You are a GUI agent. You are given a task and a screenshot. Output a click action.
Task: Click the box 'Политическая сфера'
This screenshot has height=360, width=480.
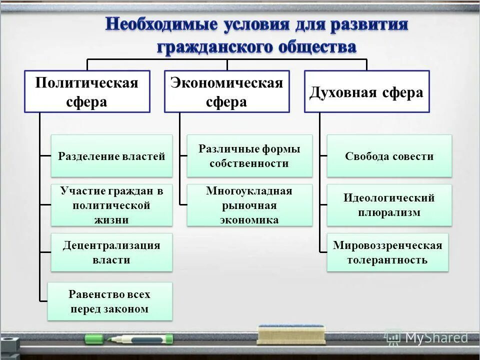[x=87, y=91]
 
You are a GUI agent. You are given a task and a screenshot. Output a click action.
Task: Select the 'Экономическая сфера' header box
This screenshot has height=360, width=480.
[x=226, y=91]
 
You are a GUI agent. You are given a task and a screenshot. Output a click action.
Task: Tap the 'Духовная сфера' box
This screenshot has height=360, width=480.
[x=366, y=91]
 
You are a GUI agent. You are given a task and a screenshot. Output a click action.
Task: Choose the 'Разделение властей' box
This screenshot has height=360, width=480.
[x=111, y=156]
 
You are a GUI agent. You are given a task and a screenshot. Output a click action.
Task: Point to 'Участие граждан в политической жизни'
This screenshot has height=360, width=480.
[x=111, y=205]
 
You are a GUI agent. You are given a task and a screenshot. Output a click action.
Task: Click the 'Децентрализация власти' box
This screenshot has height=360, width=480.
[x=111, y=252]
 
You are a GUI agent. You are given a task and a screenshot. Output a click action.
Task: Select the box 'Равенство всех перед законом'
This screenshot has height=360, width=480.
[x=109, y=301]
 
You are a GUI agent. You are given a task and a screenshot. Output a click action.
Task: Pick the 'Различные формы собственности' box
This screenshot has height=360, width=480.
[x=249, y=156]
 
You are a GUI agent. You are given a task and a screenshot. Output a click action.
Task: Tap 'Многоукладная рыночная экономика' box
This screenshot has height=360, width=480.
[x=249, y=205]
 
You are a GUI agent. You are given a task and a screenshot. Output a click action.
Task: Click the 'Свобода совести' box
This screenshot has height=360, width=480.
[x=389, y=156]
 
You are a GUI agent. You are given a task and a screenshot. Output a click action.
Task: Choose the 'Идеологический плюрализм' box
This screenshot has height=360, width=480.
[x=389, y=205]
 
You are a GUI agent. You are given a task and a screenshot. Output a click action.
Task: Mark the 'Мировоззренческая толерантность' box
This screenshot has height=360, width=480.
[x=387, y=252]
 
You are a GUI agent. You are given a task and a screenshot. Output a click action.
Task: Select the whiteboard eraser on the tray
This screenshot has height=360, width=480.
[x=291, y=334]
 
